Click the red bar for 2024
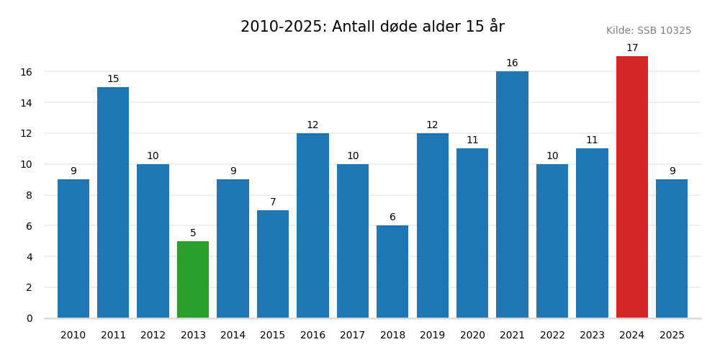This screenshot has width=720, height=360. [x=631, y=187]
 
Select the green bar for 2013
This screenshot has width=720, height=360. [x=193, y=279]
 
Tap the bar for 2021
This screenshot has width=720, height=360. [x=512, y=194]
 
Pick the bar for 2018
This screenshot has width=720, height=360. [x=392, y=271]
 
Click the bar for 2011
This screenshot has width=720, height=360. [x=113, y=202]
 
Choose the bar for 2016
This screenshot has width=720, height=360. [x=312, y=225]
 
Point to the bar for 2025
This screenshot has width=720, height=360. [x=672, y=248]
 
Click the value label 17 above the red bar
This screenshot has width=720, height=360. [x=631, y=48]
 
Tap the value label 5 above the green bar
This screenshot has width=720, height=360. [x=193, y=233]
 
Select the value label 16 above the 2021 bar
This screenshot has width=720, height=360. [x=512, y=63]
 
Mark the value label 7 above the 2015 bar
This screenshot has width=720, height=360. [x=273, y=202]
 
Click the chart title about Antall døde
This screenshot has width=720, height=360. [x=372, y=27]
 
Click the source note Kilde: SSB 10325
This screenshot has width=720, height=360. [x=648, y=31]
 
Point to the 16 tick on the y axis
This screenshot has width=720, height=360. [x=26, y=72]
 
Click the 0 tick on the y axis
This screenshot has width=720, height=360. [x=30, y=318]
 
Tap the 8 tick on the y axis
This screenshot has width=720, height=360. [x=30, y=195]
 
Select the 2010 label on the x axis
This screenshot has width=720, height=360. [x=73, y=336]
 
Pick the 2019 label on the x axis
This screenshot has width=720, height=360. [x=432, y=336]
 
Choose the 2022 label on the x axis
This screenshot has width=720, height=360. [x=552, y=336]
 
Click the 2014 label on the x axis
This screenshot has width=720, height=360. [x=233, y=336]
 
